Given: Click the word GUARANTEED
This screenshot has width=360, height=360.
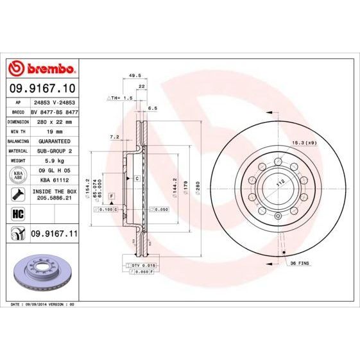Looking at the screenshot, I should [x=55, y=140].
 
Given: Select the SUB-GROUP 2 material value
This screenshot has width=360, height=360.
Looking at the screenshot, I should [x=55, y=150].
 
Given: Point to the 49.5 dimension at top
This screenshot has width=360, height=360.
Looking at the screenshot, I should [x=135, y=75].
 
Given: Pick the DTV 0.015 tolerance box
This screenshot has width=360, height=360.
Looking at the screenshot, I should [x=144, y=264].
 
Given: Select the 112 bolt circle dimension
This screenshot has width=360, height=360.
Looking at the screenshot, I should [x=280, y=182].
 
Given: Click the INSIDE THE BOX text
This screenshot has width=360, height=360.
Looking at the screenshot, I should [x=55, y=192].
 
